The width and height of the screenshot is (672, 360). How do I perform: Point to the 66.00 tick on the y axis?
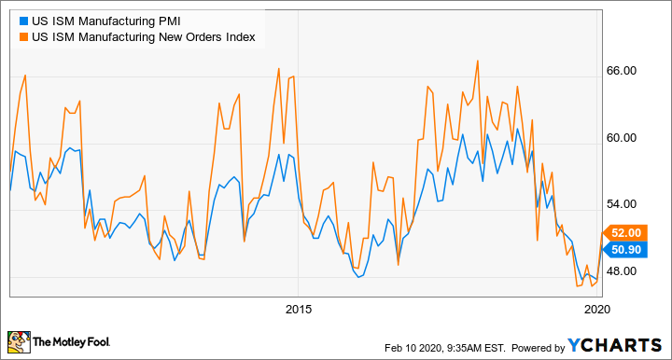(622, 71)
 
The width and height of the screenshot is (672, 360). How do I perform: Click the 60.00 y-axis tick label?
(622, 138)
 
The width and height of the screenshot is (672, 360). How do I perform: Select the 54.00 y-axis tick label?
(622, 204)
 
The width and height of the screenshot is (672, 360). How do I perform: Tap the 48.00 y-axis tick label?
(622, 271)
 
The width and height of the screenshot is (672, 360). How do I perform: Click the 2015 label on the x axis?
(298, 309)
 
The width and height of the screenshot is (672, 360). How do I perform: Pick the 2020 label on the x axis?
(596, 309)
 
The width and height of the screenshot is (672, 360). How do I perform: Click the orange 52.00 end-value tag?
(624, 232)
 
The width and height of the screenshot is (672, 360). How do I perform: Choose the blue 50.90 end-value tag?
(624, 249)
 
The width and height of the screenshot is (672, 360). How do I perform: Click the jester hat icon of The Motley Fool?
(19, 343)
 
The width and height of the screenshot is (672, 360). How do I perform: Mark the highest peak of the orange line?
(478, 61)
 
